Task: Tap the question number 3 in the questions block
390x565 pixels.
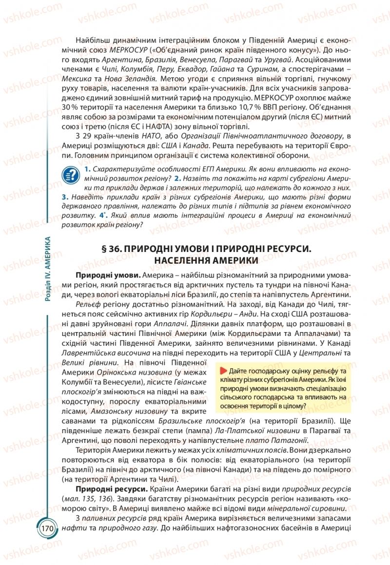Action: [64, 197]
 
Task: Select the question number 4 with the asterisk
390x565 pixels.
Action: [101, 215]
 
